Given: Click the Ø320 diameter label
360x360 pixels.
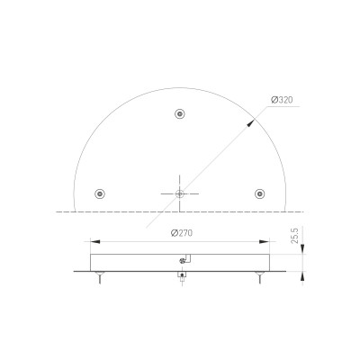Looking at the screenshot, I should click(x=282, y=101).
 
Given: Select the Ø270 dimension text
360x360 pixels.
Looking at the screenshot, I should click(x=183, y=233).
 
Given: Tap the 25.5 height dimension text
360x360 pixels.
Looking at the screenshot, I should click(x=297, y=237).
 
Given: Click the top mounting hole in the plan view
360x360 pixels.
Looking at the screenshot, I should click(x=181, y=114).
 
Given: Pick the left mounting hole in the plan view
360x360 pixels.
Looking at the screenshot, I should click(x=100, y=193).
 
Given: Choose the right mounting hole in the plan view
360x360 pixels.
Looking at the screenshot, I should click(x=260, y=193).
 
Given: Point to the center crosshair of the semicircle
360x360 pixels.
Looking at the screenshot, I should click(x=180, y=193).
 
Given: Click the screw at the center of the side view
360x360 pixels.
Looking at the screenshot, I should click(x=183, y=261).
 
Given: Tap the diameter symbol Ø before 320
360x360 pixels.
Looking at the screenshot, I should click(x=273, y=101).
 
